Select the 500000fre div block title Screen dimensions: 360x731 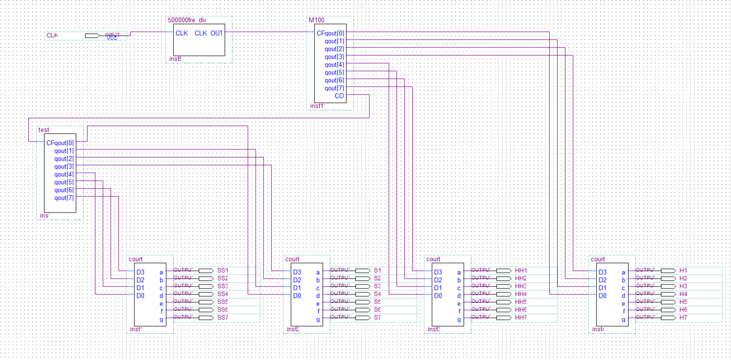point(187,20)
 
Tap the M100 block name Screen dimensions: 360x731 point(316,20)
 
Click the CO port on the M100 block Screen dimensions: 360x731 point(339,96)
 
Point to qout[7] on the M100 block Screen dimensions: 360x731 point(334,88)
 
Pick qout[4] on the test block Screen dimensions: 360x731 point(64,174)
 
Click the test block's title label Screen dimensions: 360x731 point(44,130)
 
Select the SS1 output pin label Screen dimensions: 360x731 point(223,270)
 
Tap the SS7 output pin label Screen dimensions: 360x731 point(223,317)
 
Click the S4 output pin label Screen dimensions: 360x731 point(377,294)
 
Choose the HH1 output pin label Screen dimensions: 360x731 point(521,270)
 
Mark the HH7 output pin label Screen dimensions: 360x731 point(521,317)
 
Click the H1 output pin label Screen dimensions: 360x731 point(684,270)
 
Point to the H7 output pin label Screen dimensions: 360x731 point(684,317)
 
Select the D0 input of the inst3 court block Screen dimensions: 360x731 point(438,296)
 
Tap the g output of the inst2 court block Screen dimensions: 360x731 point(318,319)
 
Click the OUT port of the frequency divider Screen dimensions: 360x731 point(216,33)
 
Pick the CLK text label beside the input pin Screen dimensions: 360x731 point(52,36)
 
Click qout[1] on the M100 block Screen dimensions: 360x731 point(334,41)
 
